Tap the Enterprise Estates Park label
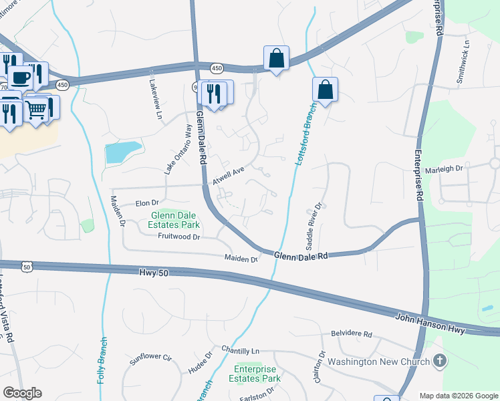tap(257, 374)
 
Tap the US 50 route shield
tap(27, 267)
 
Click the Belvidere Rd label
tap(351, 333)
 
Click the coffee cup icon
tap(20, 77)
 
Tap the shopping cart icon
tap(37, 108)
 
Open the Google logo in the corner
tap(22, 393)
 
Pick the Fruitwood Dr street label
tap(179, 237)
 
